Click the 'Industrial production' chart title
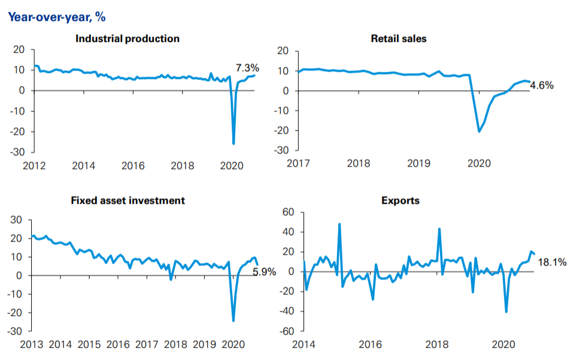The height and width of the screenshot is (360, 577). coord(127,39)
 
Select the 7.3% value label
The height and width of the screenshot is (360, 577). coord(247,68)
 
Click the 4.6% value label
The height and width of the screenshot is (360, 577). coord(542,86)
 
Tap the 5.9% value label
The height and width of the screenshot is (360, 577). coord(264,272)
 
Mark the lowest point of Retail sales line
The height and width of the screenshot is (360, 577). coord(479,131)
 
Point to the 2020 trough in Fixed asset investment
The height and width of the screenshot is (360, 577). coord(233,321)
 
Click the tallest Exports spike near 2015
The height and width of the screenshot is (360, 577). coord(339,224)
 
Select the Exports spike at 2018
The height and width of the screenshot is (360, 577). coord(439,229)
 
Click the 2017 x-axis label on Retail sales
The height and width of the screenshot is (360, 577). coord(299,163)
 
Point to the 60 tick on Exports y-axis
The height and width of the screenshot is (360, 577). coord(288,212)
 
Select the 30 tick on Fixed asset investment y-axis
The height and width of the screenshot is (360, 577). coord(17,220)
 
